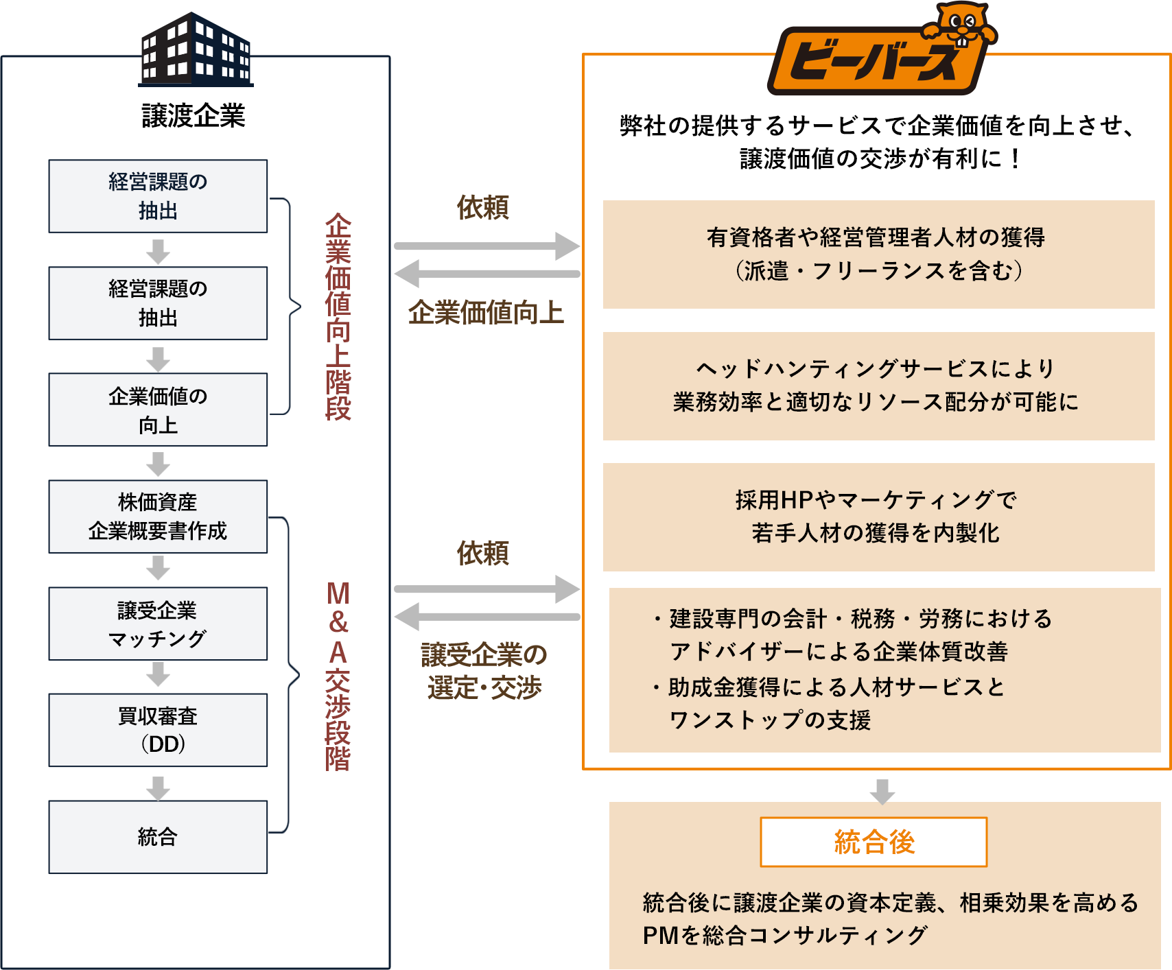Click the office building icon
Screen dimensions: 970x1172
(x=196, y=51)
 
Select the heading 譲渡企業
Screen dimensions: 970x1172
(x=194, y=116)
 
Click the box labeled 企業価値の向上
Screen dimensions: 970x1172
(x=158, y=410)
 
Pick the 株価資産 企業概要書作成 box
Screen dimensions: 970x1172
(x=158, y=517)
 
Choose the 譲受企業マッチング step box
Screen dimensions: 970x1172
(x=158, y=624)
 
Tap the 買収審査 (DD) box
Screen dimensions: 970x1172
(x=158, y=730)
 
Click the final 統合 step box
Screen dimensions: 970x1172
(x=158, y=837)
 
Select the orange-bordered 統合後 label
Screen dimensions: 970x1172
(x=874, y=842)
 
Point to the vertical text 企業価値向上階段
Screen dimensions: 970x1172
(x=338, y=316)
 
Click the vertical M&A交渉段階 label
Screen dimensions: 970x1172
(x=338, y=676)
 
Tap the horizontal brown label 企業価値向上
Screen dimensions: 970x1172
(x=486, y=313)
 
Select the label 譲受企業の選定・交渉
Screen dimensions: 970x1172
(x=484, y=671)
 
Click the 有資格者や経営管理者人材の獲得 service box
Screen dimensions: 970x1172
(x=878, y=255)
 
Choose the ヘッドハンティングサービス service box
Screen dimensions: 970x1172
(x=878, y=386)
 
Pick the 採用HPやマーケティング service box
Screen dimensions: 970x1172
(x=878, y=517)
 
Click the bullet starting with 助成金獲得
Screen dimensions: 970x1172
(x=830, y=703)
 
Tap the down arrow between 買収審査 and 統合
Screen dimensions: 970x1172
(x=158, y=788)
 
